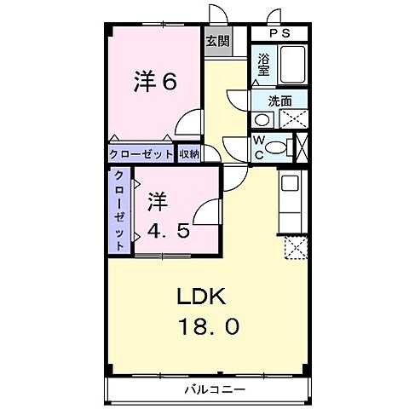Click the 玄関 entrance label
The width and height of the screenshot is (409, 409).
pyautogui.click(x=216, y=40)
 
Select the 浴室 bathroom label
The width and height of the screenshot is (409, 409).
pyautogui.click(x=264, y=66)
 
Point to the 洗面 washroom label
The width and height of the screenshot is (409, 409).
pyautogui.click(x=280, y=101)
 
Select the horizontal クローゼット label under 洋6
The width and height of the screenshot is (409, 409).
pyautogui.click(x=141, y=154)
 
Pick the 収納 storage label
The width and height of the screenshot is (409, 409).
pyautogui.click(x=188, y=154)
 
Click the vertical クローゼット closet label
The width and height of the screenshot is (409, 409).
pyautogui.click(x=119, y=210)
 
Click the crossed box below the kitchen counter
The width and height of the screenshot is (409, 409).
pyautogui.click(x=295, y=248)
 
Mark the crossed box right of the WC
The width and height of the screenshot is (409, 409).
pyautogui.click(x=300, y=147)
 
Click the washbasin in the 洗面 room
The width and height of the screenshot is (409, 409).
pyautogui.click(x=265, y=118)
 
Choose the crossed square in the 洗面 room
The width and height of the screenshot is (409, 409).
pyautogui.click(x=292, y=118)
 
